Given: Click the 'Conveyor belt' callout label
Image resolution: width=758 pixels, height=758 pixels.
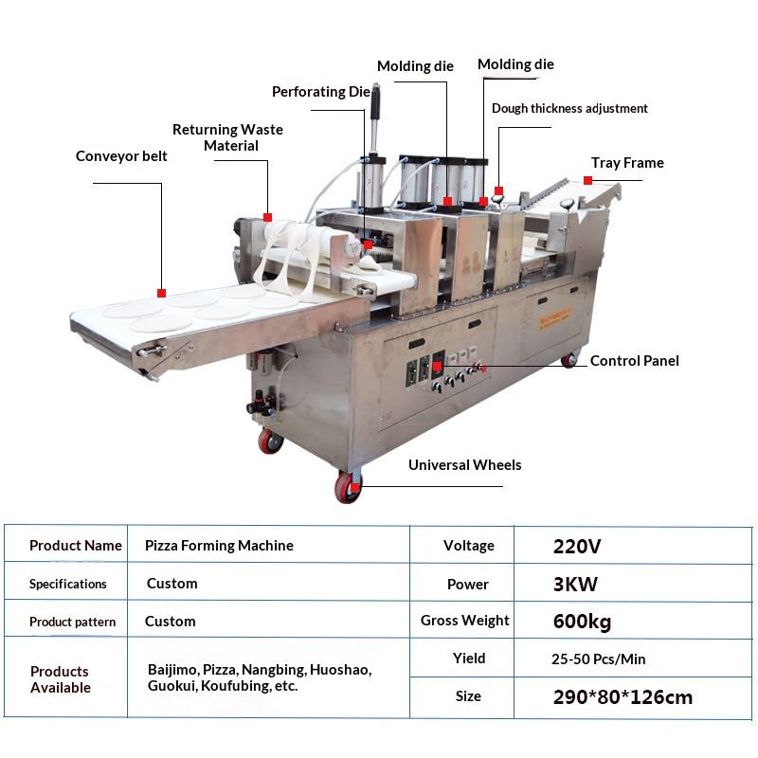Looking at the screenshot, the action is pos(121,156).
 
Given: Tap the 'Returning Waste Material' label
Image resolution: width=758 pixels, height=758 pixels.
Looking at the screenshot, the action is pos(228,137).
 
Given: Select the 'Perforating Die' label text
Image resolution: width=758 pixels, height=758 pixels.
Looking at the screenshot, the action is pos(321,92).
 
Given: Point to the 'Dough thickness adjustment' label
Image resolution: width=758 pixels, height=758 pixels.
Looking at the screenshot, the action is pos(569,108).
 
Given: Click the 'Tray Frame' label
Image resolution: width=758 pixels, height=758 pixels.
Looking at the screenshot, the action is pos(627,163).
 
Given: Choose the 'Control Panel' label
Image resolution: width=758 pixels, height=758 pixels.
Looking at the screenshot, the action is pos(634,361).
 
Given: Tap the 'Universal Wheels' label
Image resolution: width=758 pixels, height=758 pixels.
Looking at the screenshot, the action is pos(464,465).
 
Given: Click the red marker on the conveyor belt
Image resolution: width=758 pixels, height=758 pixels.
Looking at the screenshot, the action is pos(161,293).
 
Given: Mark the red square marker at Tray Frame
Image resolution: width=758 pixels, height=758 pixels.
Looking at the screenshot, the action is pos(588,180).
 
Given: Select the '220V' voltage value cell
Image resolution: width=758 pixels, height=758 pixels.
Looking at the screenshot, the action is pos(577,546).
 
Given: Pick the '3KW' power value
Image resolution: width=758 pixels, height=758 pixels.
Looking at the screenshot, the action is pos(575,584).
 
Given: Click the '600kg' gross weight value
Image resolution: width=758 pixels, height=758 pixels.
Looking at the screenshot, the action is pos(582,622).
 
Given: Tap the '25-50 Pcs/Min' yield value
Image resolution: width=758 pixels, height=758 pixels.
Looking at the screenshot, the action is pos(600,659).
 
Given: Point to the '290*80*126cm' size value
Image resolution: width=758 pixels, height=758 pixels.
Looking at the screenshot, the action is pos(623,697).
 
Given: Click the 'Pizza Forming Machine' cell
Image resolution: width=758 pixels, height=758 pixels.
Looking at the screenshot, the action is pos(219,546).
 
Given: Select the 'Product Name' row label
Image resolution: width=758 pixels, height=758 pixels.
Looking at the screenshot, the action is pos(76,546).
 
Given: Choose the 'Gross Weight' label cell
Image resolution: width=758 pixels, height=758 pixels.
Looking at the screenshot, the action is pos(464,621).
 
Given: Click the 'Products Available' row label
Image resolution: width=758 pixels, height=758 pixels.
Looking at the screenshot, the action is pos(61,679).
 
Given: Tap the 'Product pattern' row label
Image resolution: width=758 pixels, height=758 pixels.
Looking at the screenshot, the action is pos(72,622).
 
